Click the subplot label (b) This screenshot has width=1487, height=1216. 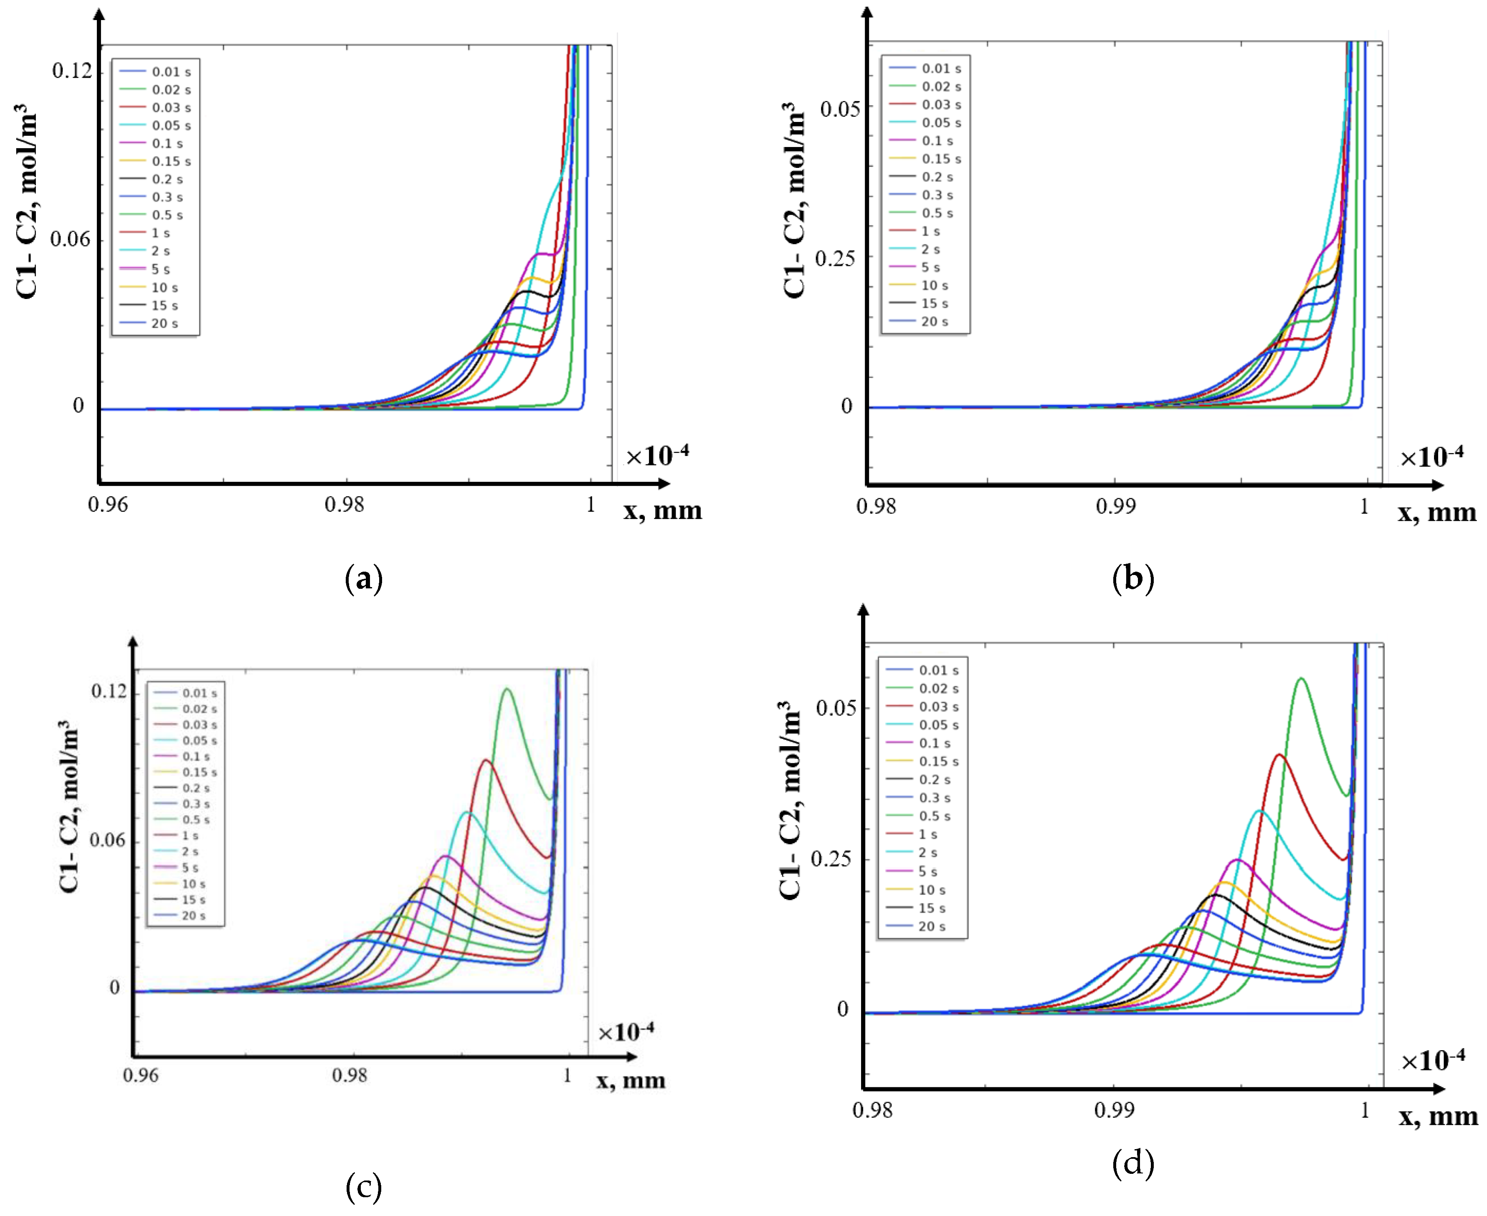click(1132, 579)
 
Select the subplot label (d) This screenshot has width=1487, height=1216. click(1132, 1163)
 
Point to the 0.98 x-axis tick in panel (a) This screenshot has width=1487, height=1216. click(344, 504)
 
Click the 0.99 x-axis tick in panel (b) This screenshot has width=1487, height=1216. click(1115, 506)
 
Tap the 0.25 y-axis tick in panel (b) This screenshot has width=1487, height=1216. click(835, 258)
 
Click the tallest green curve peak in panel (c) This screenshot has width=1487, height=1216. click(507, 689)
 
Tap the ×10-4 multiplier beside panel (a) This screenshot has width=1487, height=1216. click(656, 456)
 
